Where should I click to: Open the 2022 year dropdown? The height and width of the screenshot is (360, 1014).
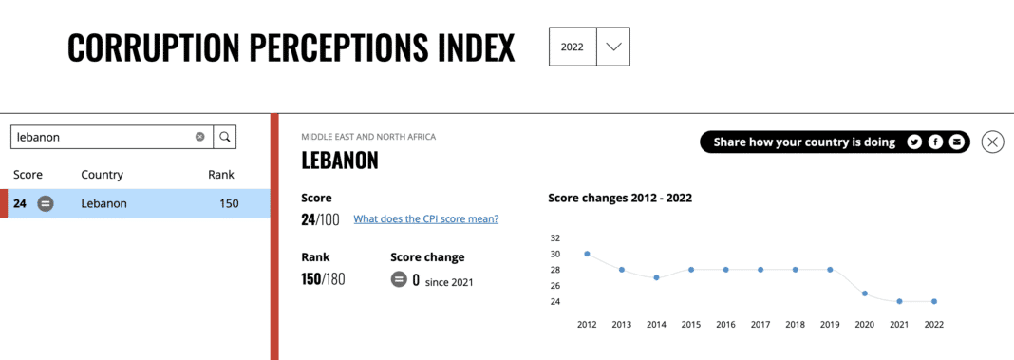tap(612, 47)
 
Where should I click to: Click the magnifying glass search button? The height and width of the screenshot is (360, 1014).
tap(225, 137)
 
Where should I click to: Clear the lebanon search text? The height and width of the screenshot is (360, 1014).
tap(200, 137)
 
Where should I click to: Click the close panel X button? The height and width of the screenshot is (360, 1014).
tap(992, 142)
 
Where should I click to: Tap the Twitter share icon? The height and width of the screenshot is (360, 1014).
tap(914, 142)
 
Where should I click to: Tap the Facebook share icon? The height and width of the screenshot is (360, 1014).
tap(935, 142)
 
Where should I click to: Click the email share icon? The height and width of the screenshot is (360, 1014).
tap(956, 142)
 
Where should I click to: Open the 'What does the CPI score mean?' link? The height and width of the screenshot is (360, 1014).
tap(425, 219)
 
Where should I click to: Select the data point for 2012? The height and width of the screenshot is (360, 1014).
tap(587, 254)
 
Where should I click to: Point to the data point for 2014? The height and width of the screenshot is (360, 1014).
tap(656, 277)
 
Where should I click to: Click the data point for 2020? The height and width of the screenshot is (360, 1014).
tap(865, 294)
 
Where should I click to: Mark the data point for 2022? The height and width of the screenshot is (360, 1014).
tap(934, 301)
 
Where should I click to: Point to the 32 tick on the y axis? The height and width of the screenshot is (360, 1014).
tap(555, 237)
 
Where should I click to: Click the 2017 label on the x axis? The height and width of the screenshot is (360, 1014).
tap(760, 325)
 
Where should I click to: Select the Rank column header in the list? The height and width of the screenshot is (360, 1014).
tap(221, 175)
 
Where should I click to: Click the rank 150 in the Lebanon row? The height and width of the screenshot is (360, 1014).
tap(228, 203)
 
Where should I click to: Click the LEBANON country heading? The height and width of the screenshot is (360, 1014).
tap(340, 161)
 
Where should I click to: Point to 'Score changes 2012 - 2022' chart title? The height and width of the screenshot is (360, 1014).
tap(620, 199)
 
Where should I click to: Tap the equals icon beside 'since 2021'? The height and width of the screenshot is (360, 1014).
tap(399, 280)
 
